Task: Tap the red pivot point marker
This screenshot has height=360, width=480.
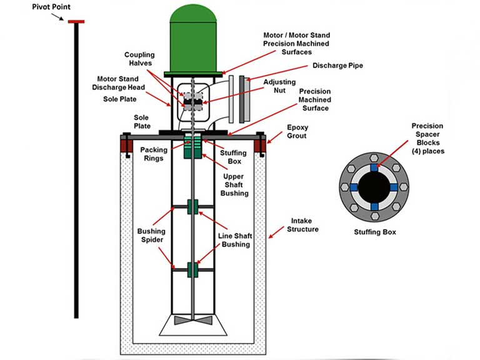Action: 76,22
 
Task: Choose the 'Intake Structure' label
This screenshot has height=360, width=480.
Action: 303,225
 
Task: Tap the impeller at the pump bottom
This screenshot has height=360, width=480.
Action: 192,320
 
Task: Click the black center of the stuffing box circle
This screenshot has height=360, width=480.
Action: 374,187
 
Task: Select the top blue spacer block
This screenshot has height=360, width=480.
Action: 374,167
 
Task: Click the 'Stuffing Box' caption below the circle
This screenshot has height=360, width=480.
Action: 374,232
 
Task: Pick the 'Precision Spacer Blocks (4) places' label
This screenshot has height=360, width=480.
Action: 427,139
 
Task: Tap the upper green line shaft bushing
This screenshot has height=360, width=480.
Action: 192,207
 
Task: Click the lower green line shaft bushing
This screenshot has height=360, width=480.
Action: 192,269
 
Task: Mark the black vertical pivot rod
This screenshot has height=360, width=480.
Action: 76,169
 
